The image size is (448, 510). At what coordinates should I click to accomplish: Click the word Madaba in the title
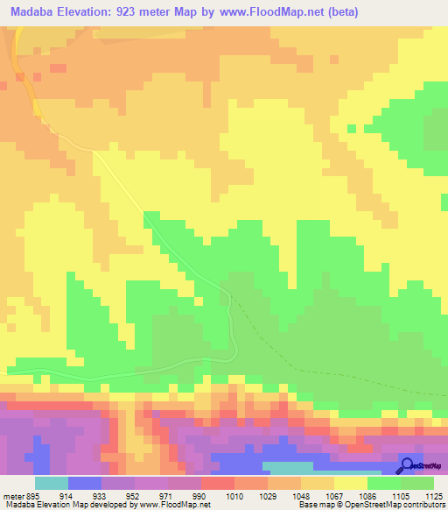(36, 12)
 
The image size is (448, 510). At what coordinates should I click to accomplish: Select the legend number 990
(200, 495)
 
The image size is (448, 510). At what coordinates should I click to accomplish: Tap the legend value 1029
(266, 495)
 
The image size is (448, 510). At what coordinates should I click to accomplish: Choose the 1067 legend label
(333, 495)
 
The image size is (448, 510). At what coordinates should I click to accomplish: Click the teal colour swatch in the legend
(51, 483)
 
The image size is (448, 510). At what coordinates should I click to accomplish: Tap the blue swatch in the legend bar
(84, 483)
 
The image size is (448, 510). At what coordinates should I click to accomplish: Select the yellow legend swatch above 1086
(350, 483)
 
